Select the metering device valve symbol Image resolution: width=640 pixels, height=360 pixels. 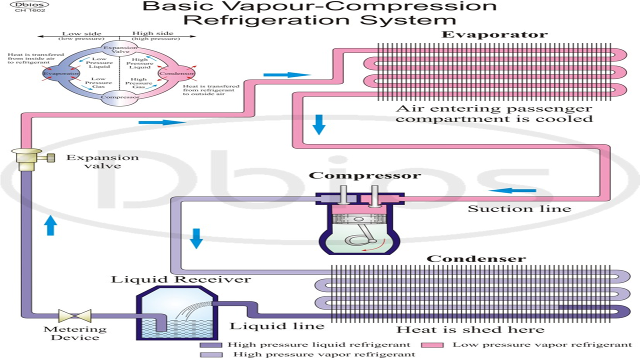coord(74,316)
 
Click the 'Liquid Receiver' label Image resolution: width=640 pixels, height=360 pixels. coord(180,279)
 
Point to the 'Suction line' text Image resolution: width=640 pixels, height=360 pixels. coord(519,208)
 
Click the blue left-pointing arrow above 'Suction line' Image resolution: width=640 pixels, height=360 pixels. coord(512,190)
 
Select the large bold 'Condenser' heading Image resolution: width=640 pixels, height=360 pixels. coord(476,259)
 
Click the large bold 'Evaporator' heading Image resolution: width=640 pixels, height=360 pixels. coord(494,35)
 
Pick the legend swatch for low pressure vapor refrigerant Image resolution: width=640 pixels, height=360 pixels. coord(433,345)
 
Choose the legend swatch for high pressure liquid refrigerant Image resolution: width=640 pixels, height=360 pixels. coord(211,345)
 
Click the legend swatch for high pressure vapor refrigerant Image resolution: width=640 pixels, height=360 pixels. coord(211,354)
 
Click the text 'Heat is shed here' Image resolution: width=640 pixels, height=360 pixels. coord(470,329)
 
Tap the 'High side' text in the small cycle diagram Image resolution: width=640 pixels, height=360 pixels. coord(146,34)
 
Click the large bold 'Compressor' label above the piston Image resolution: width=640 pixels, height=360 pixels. coord(364,176)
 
